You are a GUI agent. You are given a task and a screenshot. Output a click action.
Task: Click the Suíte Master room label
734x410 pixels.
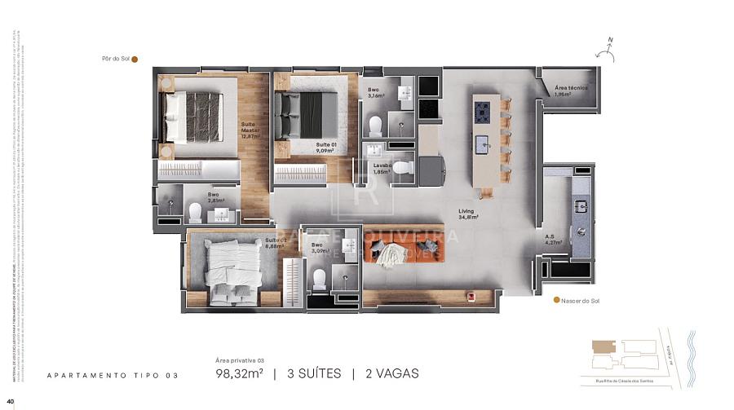tap(250, 130)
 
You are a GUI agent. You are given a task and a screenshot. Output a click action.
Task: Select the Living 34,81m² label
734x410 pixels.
tap(467, 214)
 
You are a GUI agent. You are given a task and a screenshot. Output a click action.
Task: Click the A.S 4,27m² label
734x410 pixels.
tap(554, 240)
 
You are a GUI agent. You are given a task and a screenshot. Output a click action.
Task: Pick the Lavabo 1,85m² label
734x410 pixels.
tap(382, 168)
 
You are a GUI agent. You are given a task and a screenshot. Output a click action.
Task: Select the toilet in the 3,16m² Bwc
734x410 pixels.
tap(376, 126)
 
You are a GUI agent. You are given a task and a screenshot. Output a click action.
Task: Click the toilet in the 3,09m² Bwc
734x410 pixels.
tap(320, 278)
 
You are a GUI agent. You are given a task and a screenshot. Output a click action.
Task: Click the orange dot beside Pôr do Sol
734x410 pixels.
tap(135, 59)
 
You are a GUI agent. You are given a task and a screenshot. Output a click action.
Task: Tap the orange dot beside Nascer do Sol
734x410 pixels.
tap(556, 300)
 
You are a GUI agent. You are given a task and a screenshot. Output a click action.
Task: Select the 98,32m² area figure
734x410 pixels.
tap(238, 373)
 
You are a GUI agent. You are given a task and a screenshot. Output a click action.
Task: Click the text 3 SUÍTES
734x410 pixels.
tap(313, 373)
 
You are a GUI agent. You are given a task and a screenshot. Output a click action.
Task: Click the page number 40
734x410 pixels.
tap(11, 401)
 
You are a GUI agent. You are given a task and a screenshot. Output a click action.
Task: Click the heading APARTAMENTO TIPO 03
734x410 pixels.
tap(113, 375)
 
